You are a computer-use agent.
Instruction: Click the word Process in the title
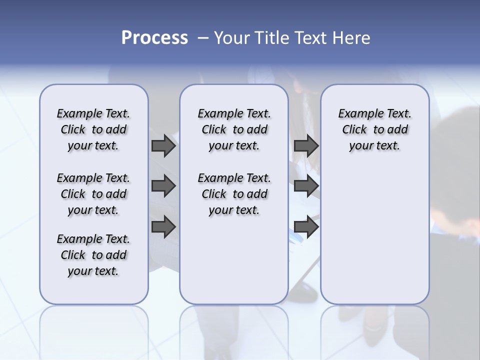point(154,38)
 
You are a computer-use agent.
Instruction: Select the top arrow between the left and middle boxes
point(163,146)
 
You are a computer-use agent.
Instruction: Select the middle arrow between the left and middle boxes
point(163,186)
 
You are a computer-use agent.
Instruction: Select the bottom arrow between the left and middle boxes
point(163,226)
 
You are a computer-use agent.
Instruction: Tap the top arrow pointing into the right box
point(306,146)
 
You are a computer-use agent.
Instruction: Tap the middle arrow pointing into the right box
point(306,186)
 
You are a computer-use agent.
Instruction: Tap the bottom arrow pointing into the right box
point(306,226)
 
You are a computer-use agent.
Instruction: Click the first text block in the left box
point(93,129)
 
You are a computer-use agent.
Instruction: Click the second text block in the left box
point(93,194)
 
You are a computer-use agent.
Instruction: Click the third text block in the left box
point(93,255)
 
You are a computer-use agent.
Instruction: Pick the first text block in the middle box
point(234,129)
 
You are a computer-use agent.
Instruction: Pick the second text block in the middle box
point(234,194)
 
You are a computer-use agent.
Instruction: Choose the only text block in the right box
point(374,129)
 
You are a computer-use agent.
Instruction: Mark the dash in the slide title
point(203,38)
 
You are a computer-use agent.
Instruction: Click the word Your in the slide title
point(231,38)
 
